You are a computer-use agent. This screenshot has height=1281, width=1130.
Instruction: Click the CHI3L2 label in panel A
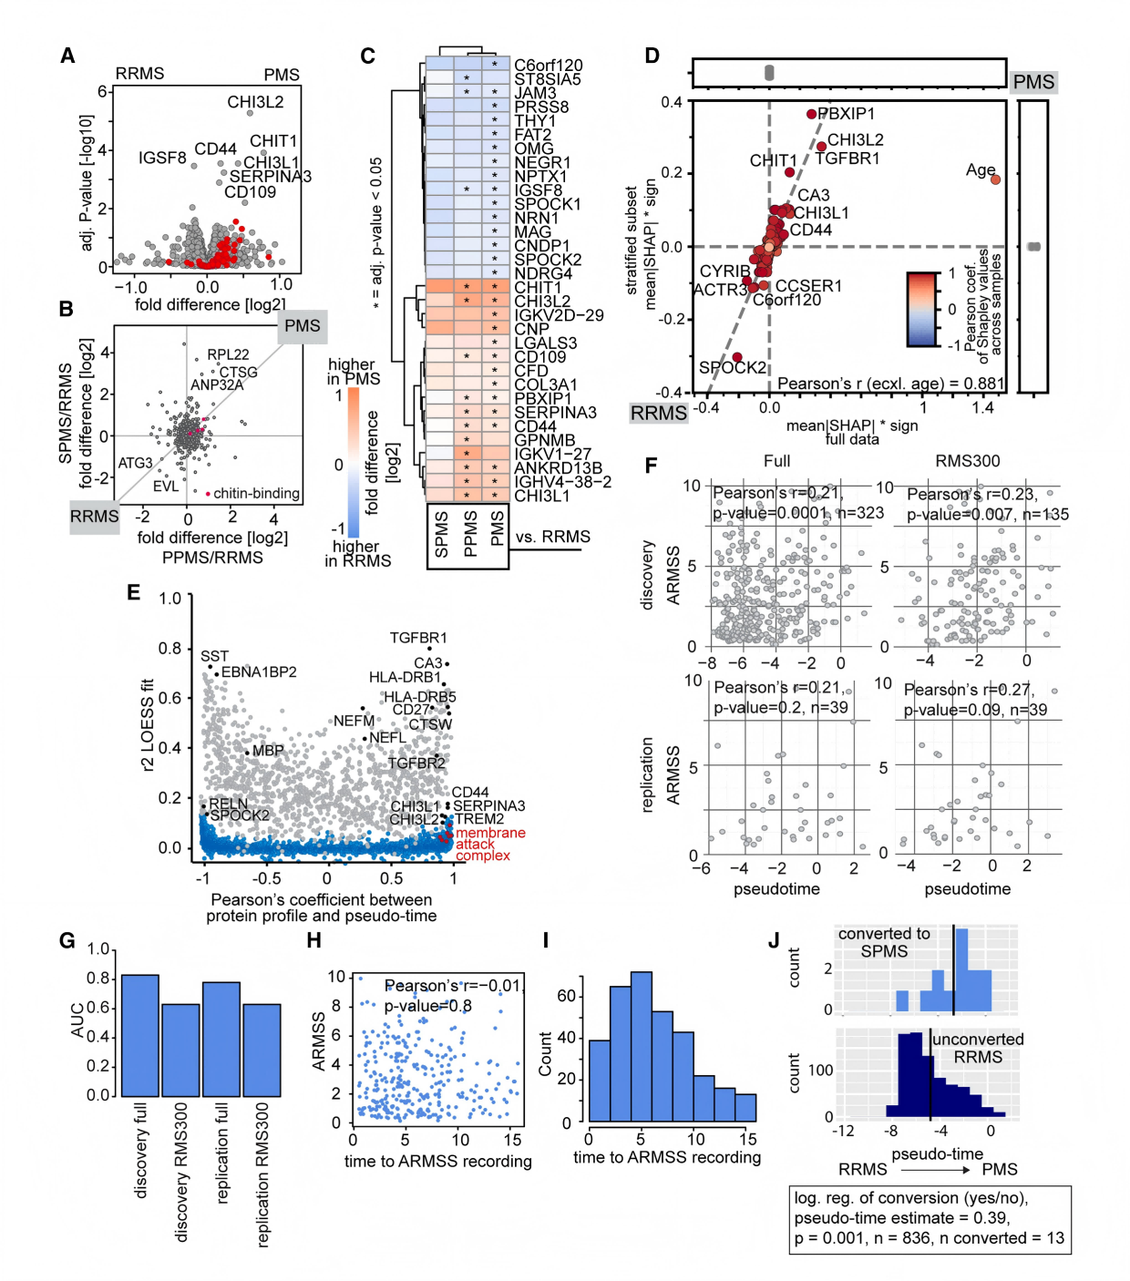pos(255,102)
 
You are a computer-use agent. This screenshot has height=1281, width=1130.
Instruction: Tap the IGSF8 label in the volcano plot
pos(162,158)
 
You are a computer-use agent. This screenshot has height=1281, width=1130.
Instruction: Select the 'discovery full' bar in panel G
pos(140,1035)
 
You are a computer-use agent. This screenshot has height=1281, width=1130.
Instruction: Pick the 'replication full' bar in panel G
pos(221,1039)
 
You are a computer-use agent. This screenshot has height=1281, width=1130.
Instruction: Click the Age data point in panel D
pos(995,179)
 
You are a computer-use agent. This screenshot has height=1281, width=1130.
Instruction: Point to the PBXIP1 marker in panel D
pos(811,114)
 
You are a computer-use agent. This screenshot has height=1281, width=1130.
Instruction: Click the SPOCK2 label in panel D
pos(732,367)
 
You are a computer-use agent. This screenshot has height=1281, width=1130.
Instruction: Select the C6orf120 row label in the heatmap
pos(548,65)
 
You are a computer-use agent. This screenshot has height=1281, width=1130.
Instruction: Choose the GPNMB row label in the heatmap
pos(544,440)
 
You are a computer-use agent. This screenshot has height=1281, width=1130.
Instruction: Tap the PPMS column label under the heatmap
pos(470,534)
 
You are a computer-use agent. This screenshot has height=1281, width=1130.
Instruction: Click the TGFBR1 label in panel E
pos(418,638)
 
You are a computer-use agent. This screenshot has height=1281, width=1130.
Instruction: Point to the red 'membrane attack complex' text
pos(489,844)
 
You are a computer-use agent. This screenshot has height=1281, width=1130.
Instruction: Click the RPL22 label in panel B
pos(228,354)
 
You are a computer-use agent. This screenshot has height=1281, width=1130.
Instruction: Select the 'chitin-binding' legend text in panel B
pos(256,493)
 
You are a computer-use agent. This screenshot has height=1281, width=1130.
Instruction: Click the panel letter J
pos(774,939)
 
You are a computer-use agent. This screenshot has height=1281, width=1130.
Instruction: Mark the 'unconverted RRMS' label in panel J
pos(978,1048)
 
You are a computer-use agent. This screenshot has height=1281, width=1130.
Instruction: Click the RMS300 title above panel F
pos(967,461)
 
